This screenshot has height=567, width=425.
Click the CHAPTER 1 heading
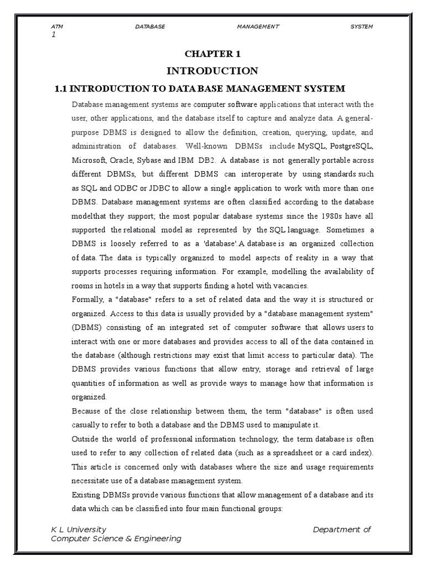212,54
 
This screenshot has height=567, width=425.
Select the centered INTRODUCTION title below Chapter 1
212,71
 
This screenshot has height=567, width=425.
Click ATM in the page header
56,26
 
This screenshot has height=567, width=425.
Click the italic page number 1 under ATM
53,34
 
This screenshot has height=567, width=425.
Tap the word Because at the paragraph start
89,411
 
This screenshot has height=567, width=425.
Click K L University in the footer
79,529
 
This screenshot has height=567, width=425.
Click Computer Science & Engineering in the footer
116,539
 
